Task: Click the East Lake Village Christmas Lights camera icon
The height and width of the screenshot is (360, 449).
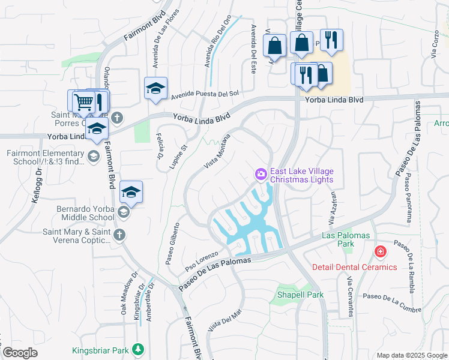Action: pyautogui.click(x=261, y=174)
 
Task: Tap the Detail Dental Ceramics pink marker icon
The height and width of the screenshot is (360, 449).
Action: pyautogui.click(x=380, y=251)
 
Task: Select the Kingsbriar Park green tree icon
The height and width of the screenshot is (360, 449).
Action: pyautogui.click(x=139, y=349)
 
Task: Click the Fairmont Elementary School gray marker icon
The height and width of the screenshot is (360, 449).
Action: pyautogui.click(x=93, y=157)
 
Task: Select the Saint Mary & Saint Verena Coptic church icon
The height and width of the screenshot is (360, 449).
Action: pyautogui.click(x=119, y=235)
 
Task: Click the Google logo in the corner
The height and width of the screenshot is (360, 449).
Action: pyautogui.click(x=20, y=353)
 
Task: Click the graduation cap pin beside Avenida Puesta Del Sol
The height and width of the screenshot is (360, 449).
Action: pyautogui.click(x=156, y=89)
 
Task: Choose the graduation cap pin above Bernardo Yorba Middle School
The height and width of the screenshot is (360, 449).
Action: pyautogui.click(x=131, y=193)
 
